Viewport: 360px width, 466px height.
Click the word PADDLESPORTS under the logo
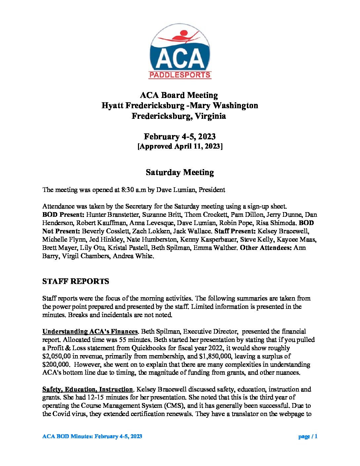pyautogui.click(x=180, y=75)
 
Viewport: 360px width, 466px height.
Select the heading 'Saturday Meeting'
pyautogui.click(x=180, y=172)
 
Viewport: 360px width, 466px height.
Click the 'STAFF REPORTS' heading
pyautogui.click(x=75, y=281)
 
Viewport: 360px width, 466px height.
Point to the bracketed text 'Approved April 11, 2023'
pyautogui.click(x=180, y=146)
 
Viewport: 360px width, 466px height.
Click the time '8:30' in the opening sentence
pyautogui.click(x=128, y=190)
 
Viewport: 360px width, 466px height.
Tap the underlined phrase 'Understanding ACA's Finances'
pyautogui.click(x=90, y=332)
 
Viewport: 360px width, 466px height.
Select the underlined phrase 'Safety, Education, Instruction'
pyautogui.click(x=88, y=390)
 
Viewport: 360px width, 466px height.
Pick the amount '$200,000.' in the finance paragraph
pyautogui.click(x=56, y=365)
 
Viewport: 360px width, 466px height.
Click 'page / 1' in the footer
pyautogui.click(x=308, y=437)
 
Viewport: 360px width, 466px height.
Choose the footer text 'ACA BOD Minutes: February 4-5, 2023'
pyautogui.click(x=92, y=437)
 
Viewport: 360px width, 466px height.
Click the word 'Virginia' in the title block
pyautogui.click(x=210, y=116)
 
